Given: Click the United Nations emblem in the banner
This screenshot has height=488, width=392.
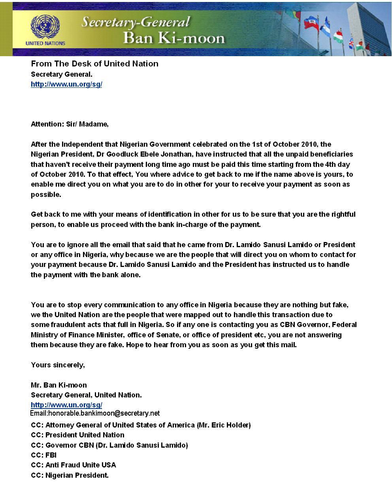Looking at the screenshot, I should tap(44, 26).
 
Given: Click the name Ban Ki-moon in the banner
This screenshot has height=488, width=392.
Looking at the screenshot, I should tap(174, 38).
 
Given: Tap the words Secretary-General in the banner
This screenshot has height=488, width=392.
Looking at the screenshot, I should tap(136, 22).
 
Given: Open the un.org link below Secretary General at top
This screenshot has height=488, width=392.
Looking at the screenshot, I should tap(66, 84).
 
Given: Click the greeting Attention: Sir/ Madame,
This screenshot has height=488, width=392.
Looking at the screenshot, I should tap(70, 124).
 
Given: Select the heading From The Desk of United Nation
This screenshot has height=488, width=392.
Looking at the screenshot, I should tap(94, 64).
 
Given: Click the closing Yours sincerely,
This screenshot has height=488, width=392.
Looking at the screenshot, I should tap(58, 365).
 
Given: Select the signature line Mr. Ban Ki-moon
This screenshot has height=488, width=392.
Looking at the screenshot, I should tap(59, 385).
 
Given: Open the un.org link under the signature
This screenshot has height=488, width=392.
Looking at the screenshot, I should tap(66, 405).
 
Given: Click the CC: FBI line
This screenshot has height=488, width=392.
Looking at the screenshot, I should tap(44, 455).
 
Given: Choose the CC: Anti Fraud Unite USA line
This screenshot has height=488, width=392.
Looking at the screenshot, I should tap(73, 465).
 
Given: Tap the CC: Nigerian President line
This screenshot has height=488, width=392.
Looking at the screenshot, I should tap(70, 475).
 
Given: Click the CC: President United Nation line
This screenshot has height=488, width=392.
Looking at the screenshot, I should tap(77, 435).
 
